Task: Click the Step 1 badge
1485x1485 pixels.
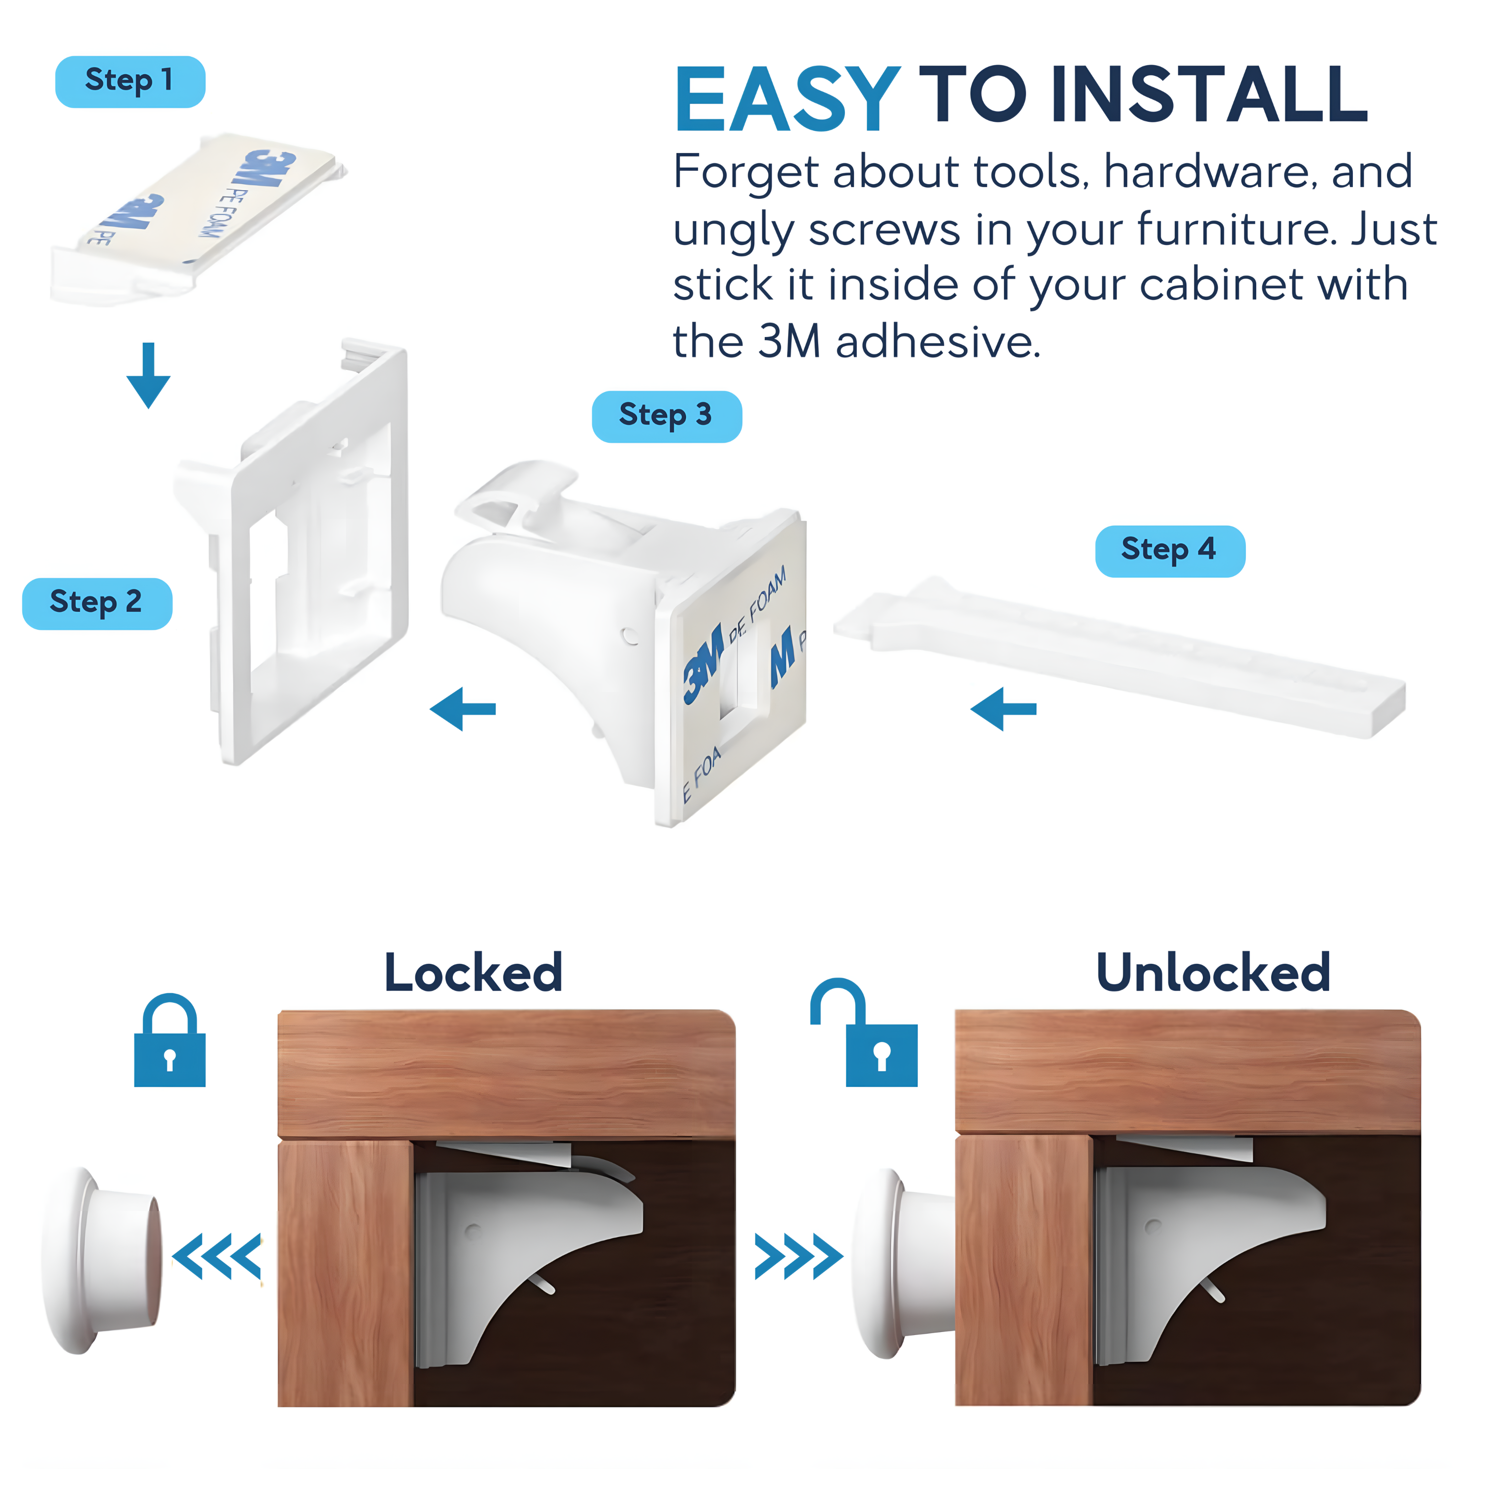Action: (130, 82)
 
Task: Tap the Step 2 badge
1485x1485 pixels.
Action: (97, 603)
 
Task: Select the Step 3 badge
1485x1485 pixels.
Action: (666, 417)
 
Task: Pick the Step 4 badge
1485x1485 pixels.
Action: (1169, 551)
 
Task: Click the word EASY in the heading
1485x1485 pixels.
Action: (787, 100)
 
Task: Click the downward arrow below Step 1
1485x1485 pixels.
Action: (148, 375)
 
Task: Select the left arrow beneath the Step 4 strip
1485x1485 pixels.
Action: (1003, 709)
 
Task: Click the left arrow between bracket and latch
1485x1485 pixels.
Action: (463, 709)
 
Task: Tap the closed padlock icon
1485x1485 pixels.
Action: (170, 1041)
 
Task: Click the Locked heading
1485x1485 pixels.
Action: (474, 973)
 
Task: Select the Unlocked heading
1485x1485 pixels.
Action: (1212, 973)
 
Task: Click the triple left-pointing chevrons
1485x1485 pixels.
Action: (217, 1256)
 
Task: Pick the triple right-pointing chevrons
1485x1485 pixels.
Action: (798, 1256)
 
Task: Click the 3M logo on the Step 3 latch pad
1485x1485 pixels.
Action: (703, 665)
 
